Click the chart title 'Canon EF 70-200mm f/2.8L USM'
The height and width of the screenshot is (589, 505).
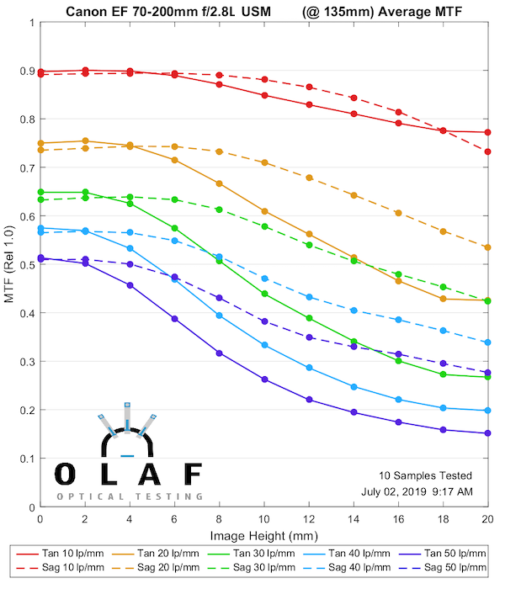tap(167, 9)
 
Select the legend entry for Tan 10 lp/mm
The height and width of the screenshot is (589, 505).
tap(59, 553)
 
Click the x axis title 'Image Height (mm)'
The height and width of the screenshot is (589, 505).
tap(264, 534)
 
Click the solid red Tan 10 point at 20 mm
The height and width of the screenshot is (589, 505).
tap(488, 132)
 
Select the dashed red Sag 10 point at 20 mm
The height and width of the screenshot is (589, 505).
tap(488, 151)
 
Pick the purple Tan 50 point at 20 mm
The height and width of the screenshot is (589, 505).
tap(488, 433)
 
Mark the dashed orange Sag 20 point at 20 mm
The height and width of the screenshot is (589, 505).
tap(488, 247)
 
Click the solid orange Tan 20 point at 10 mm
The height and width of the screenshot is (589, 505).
tap(264, 211)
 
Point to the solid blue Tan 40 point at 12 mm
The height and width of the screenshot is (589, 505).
tap(309, 368)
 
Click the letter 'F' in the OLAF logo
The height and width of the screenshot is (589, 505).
tap(193, 474)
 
